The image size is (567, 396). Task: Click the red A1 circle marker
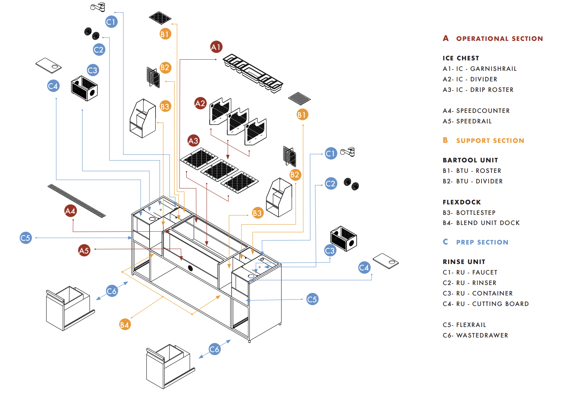click(216, 47)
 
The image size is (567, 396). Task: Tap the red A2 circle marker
click(200, 103)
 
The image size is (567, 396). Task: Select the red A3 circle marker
click(193, 141)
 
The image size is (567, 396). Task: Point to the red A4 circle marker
click(70, 211)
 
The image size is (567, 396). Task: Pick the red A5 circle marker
click(84, 250)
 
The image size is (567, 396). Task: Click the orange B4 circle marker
click(124, 324)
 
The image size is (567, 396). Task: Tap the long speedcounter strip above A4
click(76, 201)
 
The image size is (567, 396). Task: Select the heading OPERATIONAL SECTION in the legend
click(499, 39)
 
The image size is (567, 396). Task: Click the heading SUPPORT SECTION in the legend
click(490, 141)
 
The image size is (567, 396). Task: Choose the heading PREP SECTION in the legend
click(482, 242)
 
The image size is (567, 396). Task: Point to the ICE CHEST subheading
click(460, 58)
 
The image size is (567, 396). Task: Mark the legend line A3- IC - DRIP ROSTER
click(478, 90)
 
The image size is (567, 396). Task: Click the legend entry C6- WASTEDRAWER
click(475, 335)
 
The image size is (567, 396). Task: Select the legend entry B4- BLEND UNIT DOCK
click(481, 223)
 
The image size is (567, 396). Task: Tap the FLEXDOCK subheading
click(462, 202)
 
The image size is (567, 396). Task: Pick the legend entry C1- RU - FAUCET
click(470, 272)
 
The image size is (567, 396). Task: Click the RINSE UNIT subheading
click(464, 262)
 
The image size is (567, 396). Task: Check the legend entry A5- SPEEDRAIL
click(467, 121)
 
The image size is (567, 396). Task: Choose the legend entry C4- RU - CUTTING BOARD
click(486, 304)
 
